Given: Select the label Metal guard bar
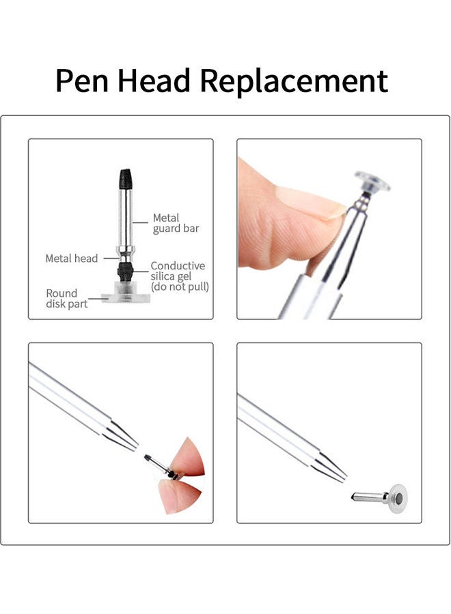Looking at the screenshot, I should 176,223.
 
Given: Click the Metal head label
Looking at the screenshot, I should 71,259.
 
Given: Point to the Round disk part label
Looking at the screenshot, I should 66,299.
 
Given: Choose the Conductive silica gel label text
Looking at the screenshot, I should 178,271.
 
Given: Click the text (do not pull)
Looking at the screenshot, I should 180,287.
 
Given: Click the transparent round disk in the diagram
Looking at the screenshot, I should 125,297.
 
